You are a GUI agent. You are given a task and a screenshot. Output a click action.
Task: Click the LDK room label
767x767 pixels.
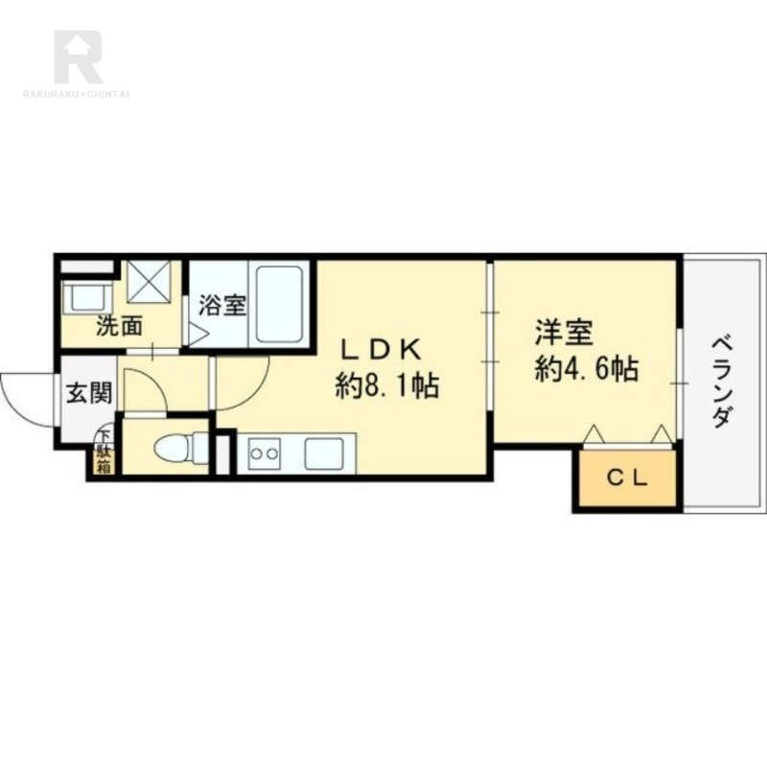(381, 350)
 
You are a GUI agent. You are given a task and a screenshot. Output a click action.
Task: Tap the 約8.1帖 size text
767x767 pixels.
(386, 385)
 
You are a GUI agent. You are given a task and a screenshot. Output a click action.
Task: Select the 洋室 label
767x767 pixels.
(564, 332)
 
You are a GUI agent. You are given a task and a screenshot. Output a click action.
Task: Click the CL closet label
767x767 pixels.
(628, 477)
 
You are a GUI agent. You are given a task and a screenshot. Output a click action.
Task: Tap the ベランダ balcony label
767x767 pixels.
(722, 382)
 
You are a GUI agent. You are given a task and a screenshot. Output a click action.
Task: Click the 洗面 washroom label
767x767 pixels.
(119, 326)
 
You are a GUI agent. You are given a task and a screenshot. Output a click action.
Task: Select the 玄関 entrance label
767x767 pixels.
(89, 392)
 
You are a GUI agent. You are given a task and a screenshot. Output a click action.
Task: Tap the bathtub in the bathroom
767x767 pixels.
(279, 303)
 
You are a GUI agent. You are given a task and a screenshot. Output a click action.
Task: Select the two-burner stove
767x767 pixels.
(264, 453)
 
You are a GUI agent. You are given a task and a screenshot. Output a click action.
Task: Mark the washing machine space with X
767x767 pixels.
(149, 282)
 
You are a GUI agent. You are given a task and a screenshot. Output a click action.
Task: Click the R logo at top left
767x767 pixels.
(79, 57)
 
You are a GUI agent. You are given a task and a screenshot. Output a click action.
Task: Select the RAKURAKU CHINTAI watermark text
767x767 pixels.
(76, 94)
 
